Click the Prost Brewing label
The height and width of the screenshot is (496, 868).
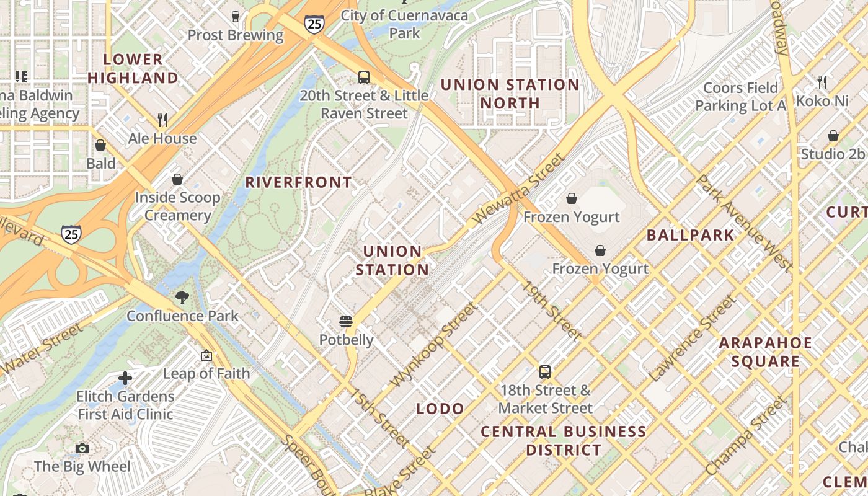pos(235,35)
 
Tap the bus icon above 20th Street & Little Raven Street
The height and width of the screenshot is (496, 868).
pos(364,77)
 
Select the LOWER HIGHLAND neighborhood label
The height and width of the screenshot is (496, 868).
pos(133,69)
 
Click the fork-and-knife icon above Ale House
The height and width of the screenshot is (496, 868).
pos(162,120)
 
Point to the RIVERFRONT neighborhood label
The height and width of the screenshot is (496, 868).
pos(299,182)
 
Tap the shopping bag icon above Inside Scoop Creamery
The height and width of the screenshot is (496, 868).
pos(177,179)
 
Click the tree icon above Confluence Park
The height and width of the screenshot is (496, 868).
pos(182,298)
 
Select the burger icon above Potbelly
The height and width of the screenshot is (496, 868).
pos(346,322)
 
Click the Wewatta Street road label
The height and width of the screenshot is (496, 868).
pos(519,190)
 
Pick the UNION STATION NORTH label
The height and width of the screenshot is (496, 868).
pos(510,94)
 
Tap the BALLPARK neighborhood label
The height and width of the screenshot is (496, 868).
pos(690,235)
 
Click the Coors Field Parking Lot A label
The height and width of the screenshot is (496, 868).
pos(740,97)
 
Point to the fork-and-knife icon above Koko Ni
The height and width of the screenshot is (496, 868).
pos(822,82)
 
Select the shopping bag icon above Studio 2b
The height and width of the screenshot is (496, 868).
pos(833,136)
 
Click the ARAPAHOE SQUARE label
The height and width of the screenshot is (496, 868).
pos(765,352)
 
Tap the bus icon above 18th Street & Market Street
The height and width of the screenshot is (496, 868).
pos(545,372)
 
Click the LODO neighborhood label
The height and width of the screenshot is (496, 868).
pos(440,409)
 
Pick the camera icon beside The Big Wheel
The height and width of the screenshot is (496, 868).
pos(82,448)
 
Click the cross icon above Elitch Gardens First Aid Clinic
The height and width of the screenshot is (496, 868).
pos(125,378)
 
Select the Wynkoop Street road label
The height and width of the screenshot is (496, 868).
pos(436,345)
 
